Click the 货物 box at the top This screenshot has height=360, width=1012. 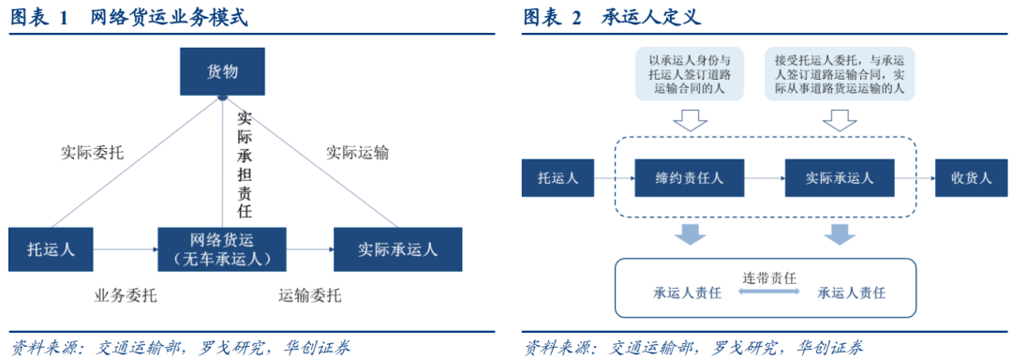222,72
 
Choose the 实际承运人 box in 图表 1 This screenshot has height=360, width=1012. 397,249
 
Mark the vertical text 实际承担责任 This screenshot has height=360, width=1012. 245,165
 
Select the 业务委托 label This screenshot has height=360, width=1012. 126,296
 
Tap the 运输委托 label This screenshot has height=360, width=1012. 309,296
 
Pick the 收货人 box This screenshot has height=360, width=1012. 971,177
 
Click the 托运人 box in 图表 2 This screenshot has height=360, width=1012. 558,177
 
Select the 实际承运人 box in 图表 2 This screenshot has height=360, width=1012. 840,177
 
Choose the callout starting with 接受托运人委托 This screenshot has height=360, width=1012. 840,73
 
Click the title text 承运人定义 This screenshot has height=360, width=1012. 652,18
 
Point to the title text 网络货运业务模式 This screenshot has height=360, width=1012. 169,18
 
